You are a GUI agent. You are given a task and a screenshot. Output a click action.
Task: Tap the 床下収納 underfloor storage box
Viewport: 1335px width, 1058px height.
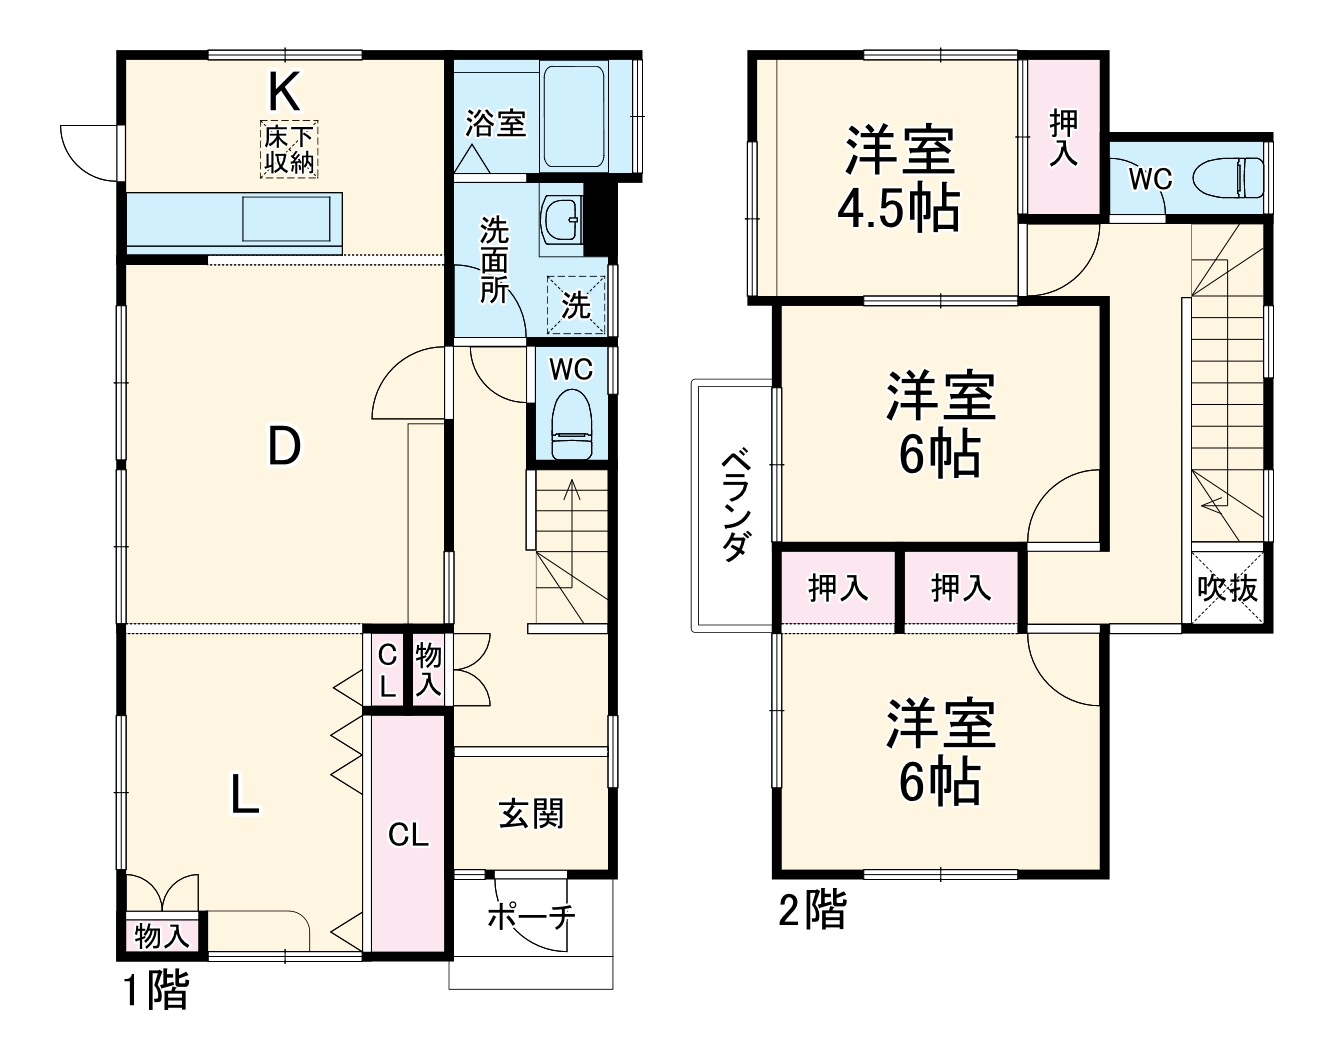(x=290, y=150)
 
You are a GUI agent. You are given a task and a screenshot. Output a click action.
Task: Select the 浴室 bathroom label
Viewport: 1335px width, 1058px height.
(x=495, y=125)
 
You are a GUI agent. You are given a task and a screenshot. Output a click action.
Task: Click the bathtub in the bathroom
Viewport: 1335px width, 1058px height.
(x=574, y=117)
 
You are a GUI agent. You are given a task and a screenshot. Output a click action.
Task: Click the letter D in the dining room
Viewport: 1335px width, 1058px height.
(x=284, y=446)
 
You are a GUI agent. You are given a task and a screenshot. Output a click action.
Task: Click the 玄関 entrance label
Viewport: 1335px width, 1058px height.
(x=531, y=814)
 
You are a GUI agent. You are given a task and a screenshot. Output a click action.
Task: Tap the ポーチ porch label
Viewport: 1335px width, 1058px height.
(x=531, y=917)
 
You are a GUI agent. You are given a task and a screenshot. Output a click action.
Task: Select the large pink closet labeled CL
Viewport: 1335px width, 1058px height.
(x=408, y=833)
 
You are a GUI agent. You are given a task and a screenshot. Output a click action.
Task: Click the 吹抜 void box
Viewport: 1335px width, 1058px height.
(x=1228, y=588)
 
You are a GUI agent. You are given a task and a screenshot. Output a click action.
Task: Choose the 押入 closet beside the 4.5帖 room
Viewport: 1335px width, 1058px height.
(x=1063, y=138)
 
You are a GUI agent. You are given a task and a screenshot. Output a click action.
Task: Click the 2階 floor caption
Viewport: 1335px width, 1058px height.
(x=812, y=911)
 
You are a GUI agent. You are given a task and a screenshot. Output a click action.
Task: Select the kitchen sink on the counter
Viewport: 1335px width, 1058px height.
(x=286, y=218)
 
